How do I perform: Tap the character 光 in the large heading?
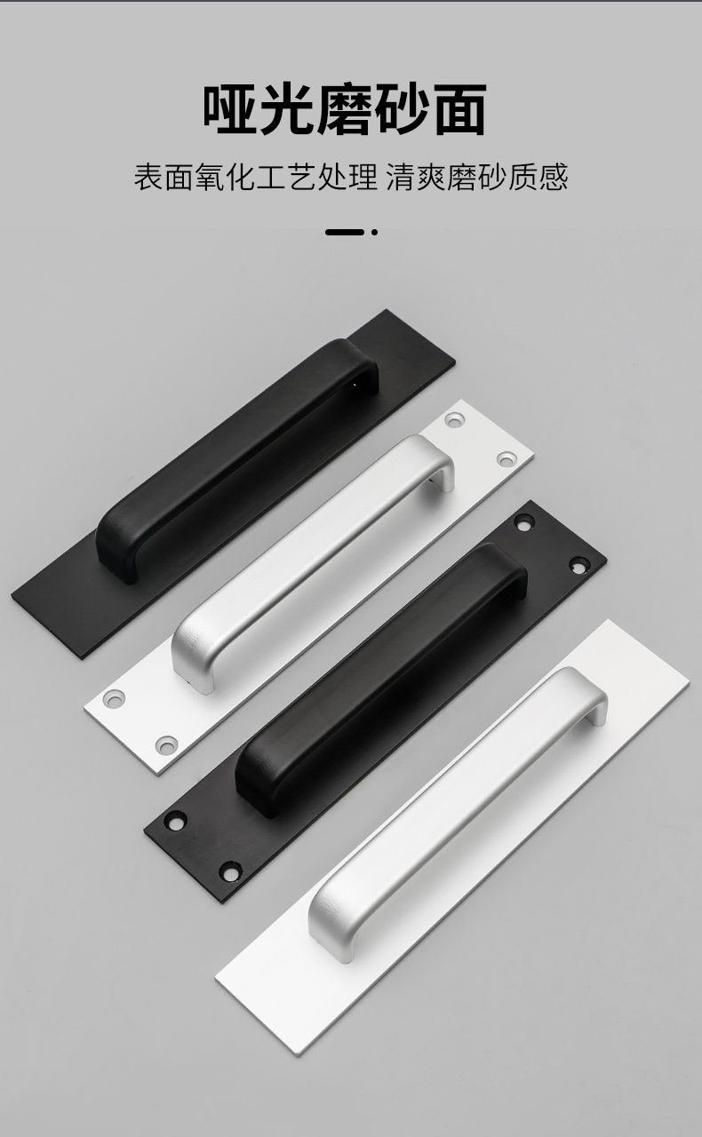click(x=288, y=110)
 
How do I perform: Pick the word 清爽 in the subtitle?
click(x=416, y=177)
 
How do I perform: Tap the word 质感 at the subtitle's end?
click(x=538, y=177)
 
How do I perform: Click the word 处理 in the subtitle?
click(x=347, y=177)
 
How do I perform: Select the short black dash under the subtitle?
click(x=345, y=233)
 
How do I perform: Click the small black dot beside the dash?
click(x=374, y=233)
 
